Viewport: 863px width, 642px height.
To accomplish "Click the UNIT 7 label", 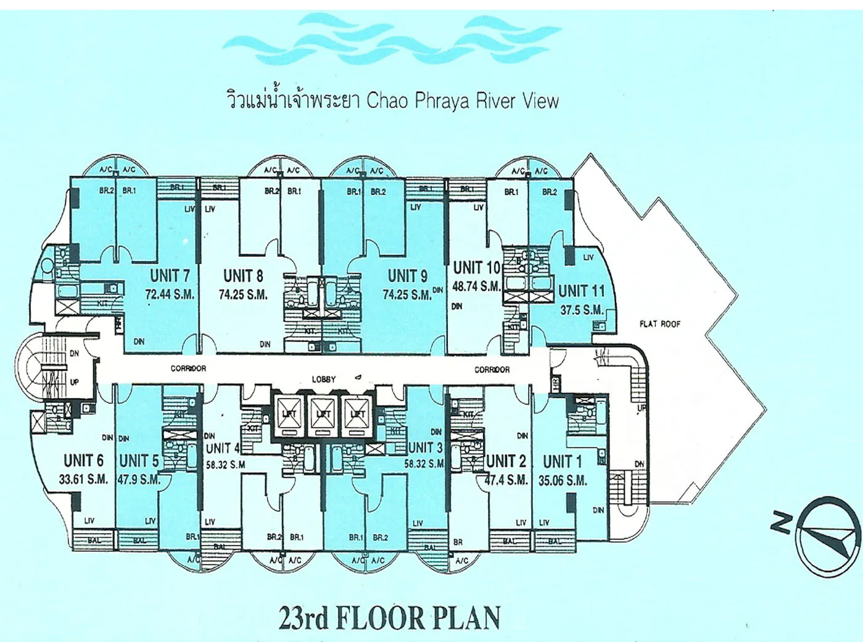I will click(170, 275).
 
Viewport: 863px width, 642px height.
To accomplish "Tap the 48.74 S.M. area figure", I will click(476, 286).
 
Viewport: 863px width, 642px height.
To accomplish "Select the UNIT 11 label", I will click(581, 291).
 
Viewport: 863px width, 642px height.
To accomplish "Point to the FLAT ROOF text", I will click(660, 323).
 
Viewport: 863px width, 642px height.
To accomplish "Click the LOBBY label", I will click(323, 379).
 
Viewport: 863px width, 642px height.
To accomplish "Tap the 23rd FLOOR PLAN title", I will click(389, 618).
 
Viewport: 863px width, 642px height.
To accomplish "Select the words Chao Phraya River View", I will click(463, 101).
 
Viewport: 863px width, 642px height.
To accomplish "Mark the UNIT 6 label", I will click(83, 461).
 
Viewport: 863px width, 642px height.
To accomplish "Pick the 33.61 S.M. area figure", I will click(85, 479).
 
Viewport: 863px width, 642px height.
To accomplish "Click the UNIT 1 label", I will click(562, 461).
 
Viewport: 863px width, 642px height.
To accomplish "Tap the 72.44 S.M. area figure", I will click(170, 294).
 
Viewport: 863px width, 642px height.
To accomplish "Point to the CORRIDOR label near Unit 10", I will click(492, 369).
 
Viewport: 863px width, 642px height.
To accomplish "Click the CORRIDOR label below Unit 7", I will click(188, 369).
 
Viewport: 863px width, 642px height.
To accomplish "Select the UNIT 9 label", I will click(407, 275).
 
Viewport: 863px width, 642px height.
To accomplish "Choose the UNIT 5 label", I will click(139, 461).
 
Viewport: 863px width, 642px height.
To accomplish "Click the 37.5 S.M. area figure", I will click(581, 310).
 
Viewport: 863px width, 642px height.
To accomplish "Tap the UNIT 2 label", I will click(506, 461).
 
